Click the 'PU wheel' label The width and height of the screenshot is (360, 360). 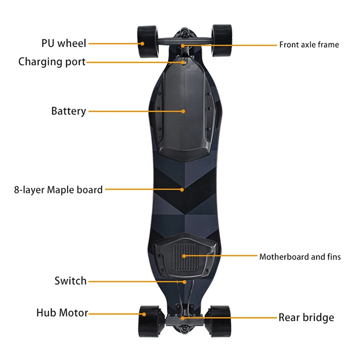click(63, 43)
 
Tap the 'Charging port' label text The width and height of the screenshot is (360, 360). click(52, 62)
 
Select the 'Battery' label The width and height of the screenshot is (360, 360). click(69, 111)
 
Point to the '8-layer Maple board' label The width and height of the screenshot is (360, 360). click(58, 190)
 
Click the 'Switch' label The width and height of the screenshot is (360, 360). click(71, 281)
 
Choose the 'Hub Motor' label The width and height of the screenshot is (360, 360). click(62, 313)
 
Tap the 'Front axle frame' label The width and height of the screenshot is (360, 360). click(309, 45)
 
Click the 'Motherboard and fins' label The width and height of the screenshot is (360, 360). click(300, 257)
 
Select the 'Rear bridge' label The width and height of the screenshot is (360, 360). click(306, 317)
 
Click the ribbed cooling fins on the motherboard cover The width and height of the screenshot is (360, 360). click(184, 256)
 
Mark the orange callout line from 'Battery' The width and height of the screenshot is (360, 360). click(134, 111)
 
